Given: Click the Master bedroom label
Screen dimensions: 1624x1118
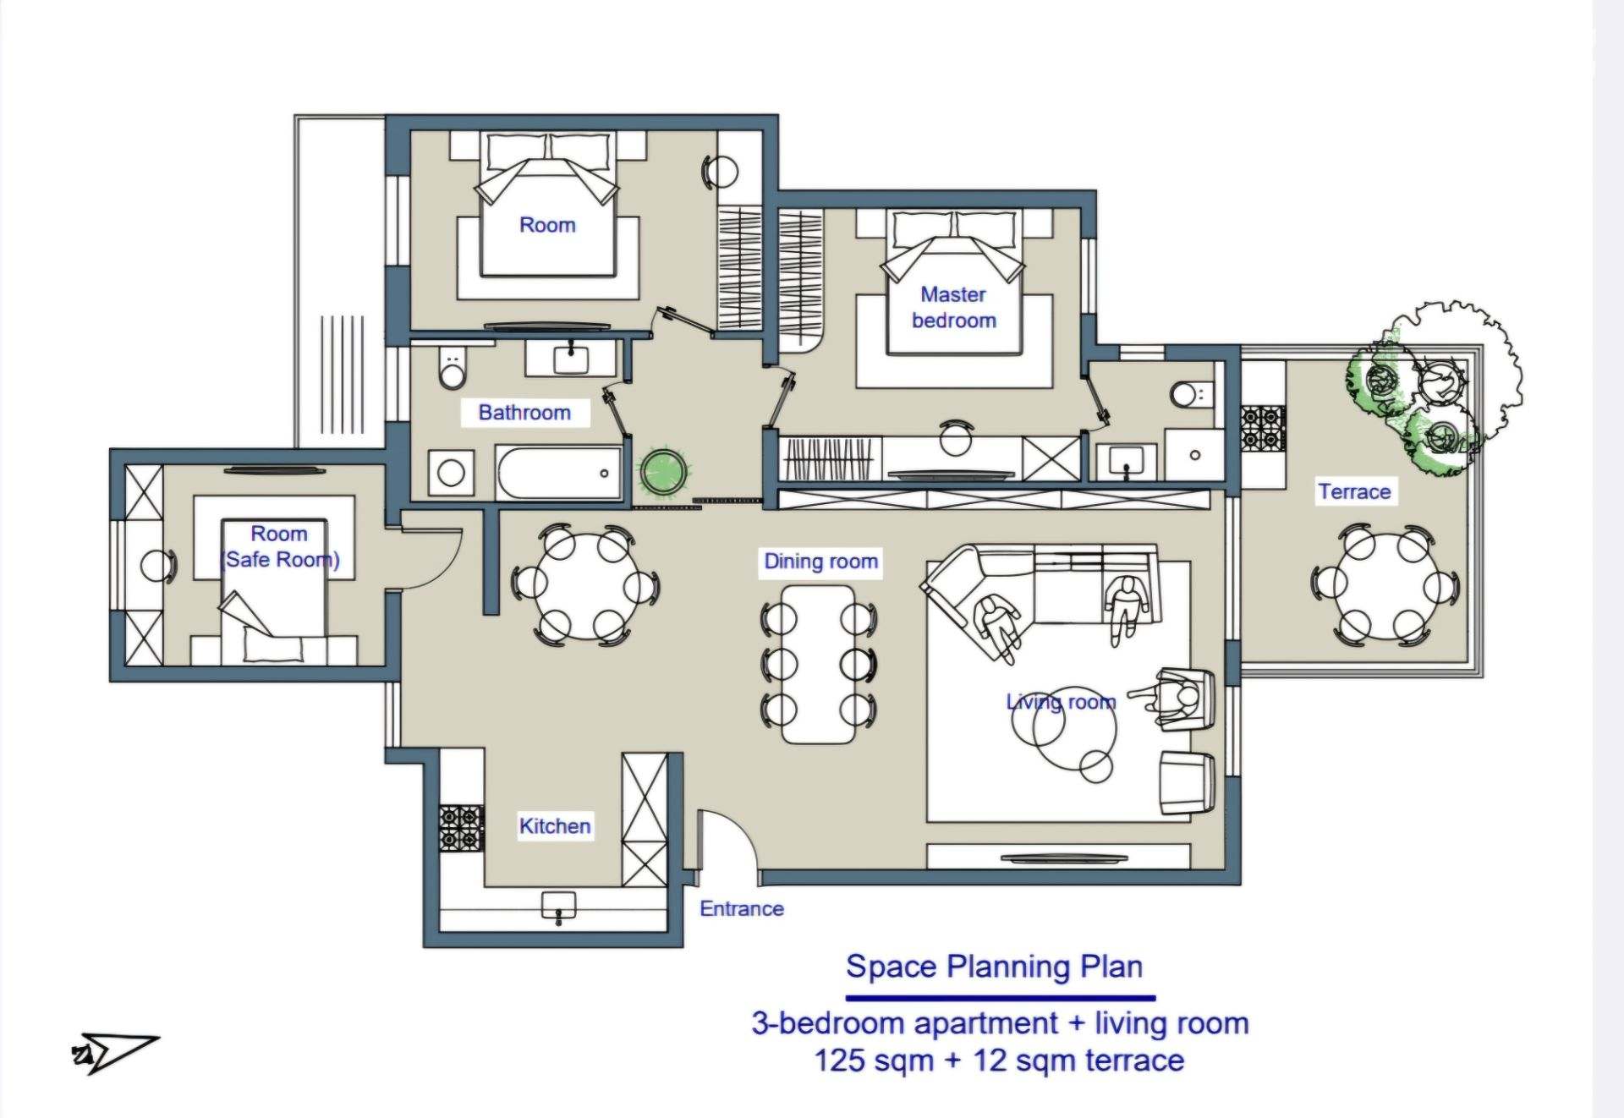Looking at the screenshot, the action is click(x=953, y=307).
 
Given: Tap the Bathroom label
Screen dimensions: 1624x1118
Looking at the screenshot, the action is click(x=524, y=413).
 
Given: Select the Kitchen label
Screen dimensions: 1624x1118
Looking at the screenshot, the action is click(x=555, y=826).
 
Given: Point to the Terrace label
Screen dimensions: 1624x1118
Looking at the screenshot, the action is click(x=1354, y=491).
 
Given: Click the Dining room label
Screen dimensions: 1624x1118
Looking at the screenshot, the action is click(x=820, y=562).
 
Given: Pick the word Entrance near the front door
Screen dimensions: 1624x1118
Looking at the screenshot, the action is click(x=742, y=909).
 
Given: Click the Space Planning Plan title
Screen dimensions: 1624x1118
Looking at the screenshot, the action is click(x=995, y=966).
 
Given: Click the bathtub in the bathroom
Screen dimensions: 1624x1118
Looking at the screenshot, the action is click(x=559, y=474).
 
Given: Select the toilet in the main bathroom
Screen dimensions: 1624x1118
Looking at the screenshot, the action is click(x=453, y=367).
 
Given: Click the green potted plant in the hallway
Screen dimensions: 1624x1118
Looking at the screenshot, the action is click(x=663, y=472).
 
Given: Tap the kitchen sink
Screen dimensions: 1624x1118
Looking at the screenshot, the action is click(x=558, y=904).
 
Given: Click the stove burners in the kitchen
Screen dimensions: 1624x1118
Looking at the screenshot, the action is click(x=462, y=827).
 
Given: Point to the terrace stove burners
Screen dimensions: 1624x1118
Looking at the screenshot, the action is click(x=1263, y=428).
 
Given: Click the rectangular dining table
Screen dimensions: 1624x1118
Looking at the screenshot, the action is click(x=818, y=664).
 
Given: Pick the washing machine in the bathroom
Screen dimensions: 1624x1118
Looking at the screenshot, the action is click(x=451, y=473).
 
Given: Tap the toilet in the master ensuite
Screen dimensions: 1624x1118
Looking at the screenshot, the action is click(x=1191, y=394).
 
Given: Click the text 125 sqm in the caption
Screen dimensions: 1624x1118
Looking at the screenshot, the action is click(x=874, y=1060).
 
